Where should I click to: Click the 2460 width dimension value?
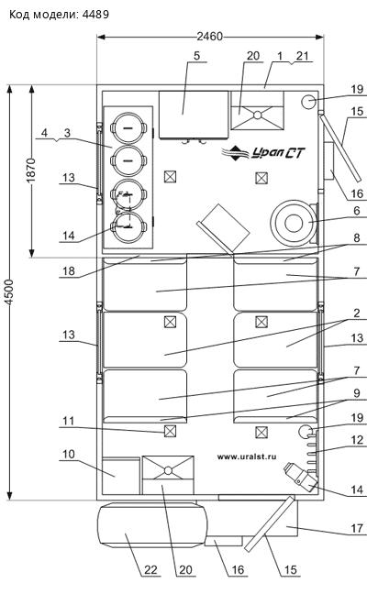(x=210, y=37)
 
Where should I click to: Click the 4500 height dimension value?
(x=9, y=292)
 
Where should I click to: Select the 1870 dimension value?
(x=31, y=170)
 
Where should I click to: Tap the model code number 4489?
(x=95, y=15)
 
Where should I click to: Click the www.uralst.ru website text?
(x=247, y=456)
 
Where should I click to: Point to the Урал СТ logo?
(x=263, y=153)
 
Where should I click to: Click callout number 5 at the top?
(x=197, y=56)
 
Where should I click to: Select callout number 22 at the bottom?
(x=150, y=569)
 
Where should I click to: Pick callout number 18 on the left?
(x=69, y=270)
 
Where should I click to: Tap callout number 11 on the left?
(x=69, y=421)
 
